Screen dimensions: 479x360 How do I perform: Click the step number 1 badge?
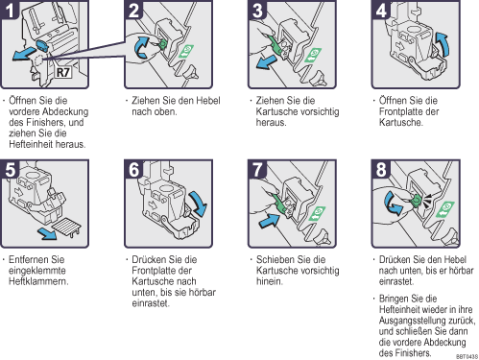pyautogui.click(x=10, y=10)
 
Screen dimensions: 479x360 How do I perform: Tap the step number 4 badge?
pyautogui.click(x=381, y=10)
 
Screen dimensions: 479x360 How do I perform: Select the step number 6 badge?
pyautogui.click(x=133, y=169)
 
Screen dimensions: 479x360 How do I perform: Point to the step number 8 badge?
pyautogui.click(x=381, y=169)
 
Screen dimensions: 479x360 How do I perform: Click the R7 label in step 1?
pyautogui.click(x=63, y=72)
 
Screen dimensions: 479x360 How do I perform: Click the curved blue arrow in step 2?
pyautogui.click(x=142, y=48)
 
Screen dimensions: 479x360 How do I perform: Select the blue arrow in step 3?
pyautogui.click(x=267, y=61)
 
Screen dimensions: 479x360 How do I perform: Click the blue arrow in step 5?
pyautogui.click(x=47, y=233)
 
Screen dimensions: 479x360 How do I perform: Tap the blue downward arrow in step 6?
pyautogui.click(x=199, y=204)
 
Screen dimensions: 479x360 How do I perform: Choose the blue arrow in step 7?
pyautogui.click(x=269, y=221)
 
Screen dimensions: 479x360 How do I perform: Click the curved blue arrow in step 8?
pyautogui.click(x=393, y=204)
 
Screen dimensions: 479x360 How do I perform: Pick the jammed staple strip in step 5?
pyautogui.click(x=66, y=227)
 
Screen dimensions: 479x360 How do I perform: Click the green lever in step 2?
pyautogui.click(x=162, y=44)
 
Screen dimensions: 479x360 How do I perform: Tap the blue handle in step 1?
pyautogui.click(x=42, y=45)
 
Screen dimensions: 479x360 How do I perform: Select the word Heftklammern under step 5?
pyautogui.click(x=38, y=281)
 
